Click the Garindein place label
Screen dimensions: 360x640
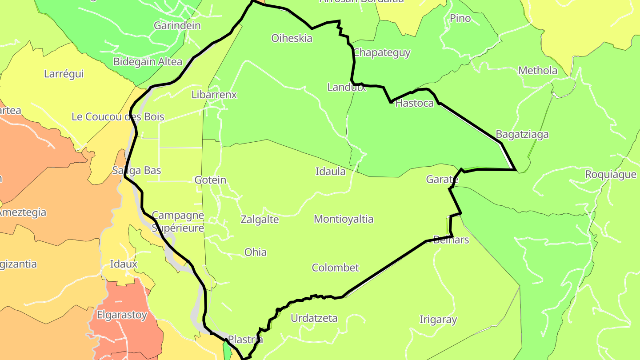(177, 25)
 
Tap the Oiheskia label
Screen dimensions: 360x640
(292, 38)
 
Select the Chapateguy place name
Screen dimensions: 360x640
(382, 52)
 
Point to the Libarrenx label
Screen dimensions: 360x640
(214, 95)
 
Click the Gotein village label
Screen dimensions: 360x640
(210, 180)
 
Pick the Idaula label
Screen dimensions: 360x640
(330, 171)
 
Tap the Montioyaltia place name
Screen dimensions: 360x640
(344, 219)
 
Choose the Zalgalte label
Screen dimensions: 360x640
(260, 220)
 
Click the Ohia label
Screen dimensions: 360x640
(256, 252)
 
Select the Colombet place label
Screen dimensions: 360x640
(335, 268)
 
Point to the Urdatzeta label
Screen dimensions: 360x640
(314, 318)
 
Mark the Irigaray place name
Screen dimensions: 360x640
(438, 320)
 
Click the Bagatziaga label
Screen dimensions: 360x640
(522, 134)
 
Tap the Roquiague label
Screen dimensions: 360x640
(611, 174)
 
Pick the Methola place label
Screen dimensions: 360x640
(538, 70)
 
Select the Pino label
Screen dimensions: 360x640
(460, 18)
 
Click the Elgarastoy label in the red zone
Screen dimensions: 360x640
(122, 315)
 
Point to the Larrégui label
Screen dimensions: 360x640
(64, 74)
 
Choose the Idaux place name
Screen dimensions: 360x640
(124, 264)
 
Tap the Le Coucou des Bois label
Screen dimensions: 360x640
(118, 117)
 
